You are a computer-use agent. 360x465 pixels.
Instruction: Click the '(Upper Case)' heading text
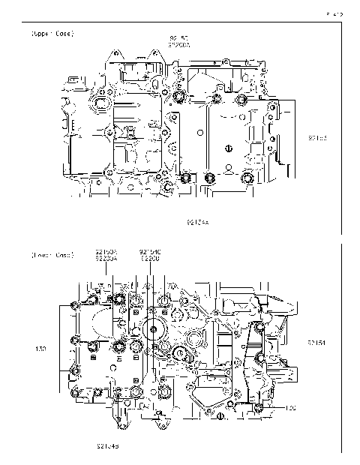click(x=52, y=34)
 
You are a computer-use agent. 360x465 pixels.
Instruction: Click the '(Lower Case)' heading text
click(x=52, y=255)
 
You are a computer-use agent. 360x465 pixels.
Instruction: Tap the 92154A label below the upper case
click(x=198, y=223)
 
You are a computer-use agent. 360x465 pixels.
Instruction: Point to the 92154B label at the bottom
click(x=107, y=445)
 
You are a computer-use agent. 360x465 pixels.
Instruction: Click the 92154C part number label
click(x=150, y=251)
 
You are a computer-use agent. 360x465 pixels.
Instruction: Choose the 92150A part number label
click(x=106, y=251)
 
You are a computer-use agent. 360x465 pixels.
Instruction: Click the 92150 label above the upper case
click(x=178, y=37)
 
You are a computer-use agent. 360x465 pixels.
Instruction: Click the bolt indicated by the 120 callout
click(x=258, y=407)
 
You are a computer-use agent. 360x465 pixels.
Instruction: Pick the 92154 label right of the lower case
click(x=316, y=343)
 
